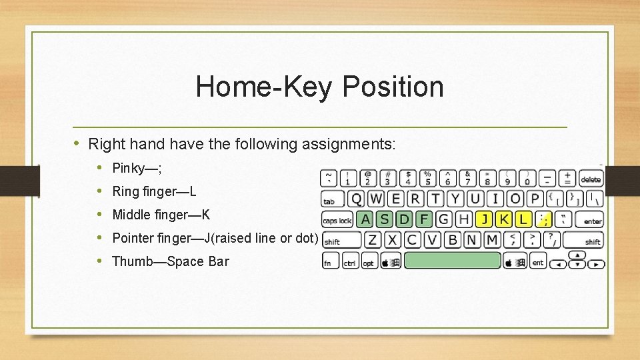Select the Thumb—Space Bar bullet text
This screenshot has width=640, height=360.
[x=170, y=261]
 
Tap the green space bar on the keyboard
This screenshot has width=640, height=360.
[x=453, y=261]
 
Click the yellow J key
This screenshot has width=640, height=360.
[x=484, y=219]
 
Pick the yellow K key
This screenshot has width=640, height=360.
[x=504, y=219]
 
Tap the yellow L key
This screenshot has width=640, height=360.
[x=524, y=219]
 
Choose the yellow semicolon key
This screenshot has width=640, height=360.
[x=545, y=219]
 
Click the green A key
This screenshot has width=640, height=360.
[x=364, y=219]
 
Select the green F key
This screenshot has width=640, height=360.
[x=424, y=219]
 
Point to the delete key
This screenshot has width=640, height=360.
[x=591, y=178]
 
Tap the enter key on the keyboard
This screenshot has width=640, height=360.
[x=592, y=219]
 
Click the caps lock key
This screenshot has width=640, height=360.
[x=337, y=219]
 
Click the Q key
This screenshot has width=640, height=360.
[x=357, y=199]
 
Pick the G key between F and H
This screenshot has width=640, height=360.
[x=444, y=219]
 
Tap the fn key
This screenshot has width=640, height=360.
[x=329, y=262]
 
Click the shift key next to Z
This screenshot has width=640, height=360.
[x=341, y=240]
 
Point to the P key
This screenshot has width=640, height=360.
[x=535, y=199]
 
